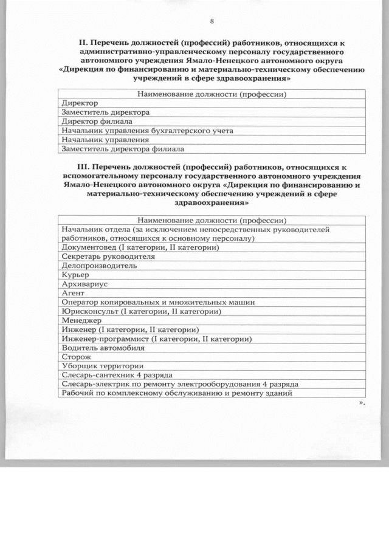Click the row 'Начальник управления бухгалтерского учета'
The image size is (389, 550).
point(147,131)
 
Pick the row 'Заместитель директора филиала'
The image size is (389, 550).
point(123,148)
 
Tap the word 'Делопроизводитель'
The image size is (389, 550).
point(95,266)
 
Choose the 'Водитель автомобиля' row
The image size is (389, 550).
point(103,348)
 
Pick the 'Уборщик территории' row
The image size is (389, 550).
point(102,366)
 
